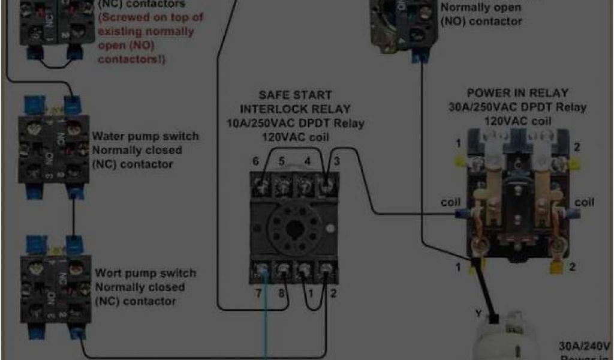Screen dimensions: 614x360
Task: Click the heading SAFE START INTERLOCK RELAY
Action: (295, 102)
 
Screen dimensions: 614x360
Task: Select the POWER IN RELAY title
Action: (517, 93)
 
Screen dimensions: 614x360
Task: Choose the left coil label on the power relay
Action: (450, 202)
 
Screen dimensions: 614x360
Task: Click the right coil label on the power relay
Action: (585, 202)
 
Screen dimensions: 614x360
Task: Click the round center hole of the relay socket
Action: (294, 229)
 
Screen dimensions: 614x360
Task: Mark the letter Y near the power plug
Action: (478, 313)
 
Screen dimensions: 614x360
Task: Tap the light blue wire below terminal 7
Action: (266, 330)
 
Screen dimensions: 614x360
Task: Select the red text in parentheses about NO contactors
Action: (150, 38)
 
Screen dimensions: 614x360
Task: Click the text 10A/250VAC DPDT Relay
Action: (295, 124)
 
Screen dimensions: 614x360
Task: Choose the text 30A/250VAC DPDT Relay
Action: (518, 107)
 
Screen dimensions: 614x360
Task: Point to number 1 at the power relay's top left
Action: (458, 145)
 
